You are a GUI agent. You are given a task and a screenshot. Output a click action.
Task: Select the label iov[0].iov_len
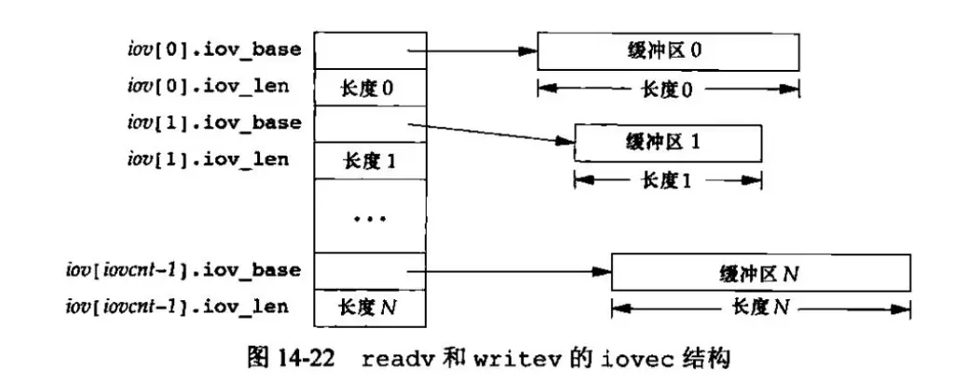pos(208,86)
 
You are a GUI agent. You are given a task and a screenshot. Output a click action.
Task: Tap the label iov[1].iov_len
pos(208,159)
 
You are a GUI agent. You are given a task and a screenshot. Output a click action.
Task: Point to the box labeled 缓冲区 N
pos(760,272)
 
